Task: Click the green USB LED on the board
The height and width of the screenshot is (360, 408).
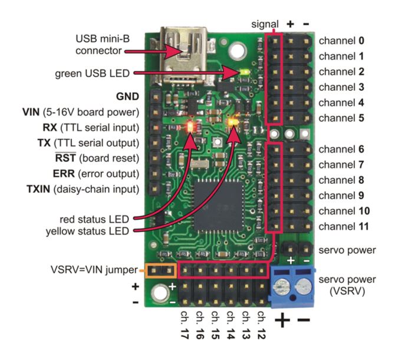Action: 245,71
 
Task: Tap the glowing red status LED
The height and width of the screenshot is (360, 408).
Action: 190,127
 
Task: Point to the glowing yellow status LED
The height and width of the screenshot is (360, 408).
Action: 233,122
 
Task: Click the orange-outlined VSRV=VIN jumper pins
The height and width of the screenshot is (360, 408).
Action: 161,271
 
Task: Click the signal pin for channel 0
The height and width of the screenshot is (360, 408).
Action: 275,41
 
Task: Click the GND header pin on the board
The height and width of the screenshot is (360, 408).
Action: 156,97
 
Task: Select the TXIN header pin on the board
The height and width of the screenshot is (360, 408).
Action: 154,189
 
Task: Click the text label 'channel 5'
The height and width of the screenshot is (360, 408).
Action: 341,118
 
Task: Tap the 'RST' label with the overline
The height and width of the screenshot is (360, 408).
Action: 65,158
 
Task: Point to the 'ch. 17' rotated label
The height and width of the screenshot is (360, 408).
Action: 184,325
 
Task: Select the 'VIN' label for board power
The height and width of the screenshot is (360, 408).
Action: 31,112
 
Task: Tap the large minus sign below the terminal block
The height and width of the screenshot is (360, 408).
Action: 304,320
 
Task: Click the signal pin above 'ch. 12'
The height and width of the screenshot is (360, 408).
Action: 261,270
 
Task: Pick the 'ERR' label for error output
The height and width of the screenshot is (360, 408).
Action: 64,174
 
